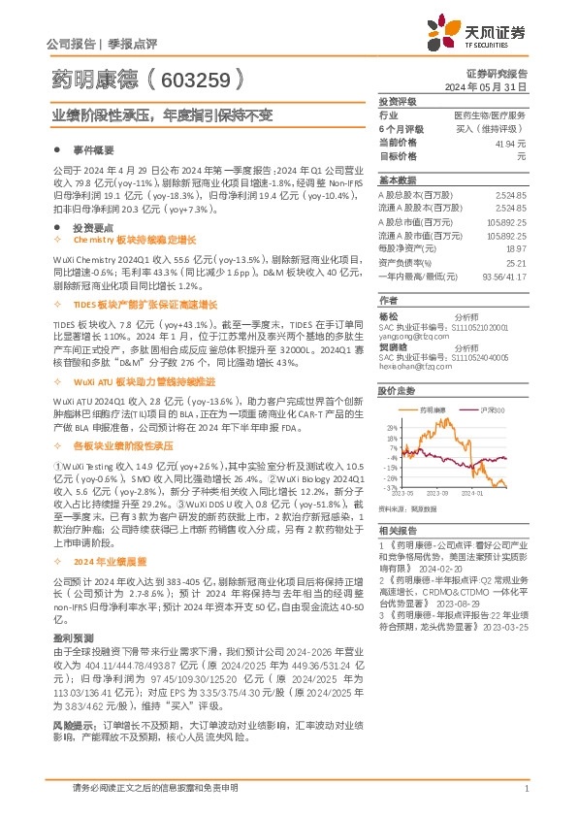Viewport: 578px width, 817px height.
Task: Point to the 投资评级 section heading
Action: pyautogui.click(x=397, y=101)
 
